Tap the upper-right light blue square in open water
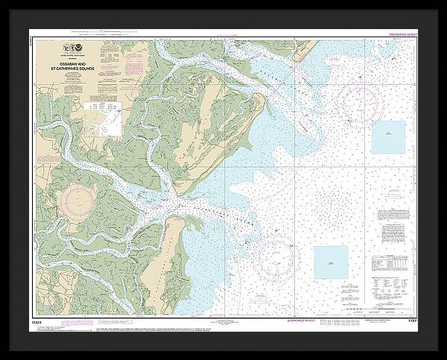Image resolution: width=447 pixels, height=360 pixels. pyautogui.click(x=388, y=137)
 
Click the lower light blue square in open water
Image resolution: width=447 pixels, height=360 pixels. pyautogui.click(x=330, y=262)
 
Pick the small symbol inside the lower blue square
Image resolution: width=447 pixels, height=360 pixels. pyautogui.click(x=330, y=262)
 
